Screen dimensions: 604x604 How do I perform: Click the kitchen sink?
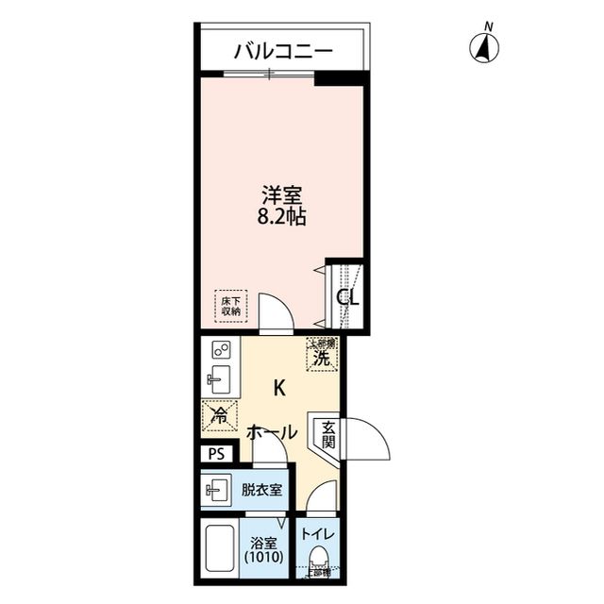coord(217,383)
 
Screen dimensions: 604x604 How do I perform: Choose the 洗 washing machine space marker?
coord(322,357)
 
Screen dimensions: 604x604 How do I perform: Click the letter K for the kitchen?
coord(279,387)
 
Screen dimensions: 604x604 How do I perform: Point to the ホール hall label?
coord(273,432)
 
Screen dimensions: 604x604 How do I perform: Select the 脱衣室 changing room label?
coord(260,490)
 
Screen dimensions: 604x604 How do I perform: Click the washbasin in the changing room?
coord(216,490)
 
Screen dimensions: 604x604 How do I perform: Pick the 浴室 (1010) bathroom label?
coord(262,550)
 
